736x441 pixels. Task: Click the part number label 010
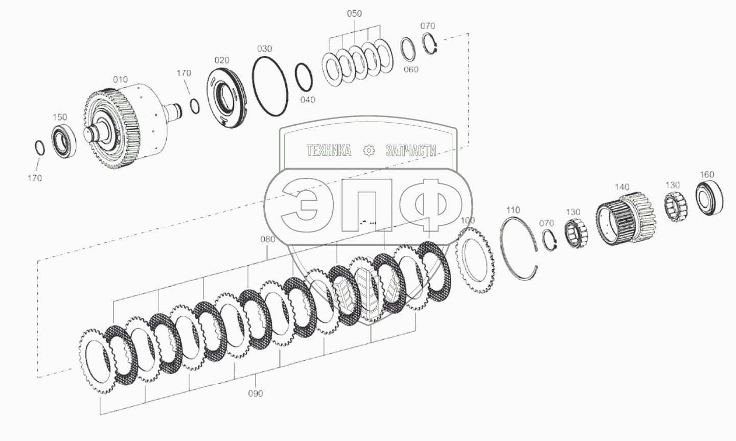click(x=120, y=80)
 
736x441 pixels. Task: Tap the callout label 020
click(x=222, y=60)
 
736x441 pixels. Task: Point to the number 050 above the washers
click(x=354, y=13)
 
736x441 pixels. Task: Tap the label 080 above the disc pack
click(x=267, y=240)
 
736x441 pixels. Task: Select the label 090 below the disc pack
click(x=256, y=393)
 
